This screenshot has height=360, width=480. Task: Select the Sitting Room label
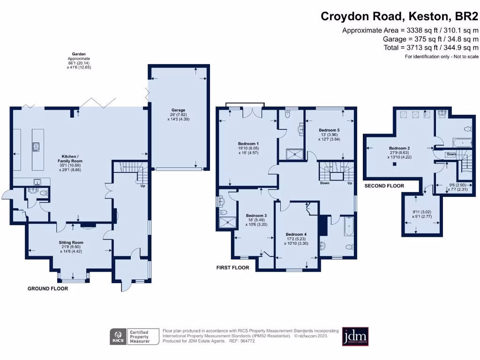(71, 243)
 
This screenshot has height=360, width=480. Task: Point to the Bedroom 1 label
(248, 143)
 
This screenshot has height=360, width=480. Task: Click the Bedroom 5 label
(329, 130)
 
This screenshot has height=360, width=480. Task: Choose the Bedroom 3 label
(256, 216)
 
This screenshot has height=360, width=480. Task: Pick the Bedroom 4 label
(296, 234)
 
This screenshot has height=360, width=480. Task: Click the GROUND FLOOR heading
(48, 289)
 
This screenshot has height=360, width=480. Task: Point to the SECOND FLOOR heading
(384, 186)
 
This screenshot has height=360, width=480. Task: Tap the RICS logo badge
(117, 336)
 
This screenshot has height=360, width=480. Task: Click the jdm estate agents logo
(355, 336)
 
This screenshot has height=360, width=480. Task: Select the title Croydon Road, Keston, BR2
(399, 16)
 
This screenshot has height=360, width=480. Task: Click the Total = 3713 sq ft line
(430, 47)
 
